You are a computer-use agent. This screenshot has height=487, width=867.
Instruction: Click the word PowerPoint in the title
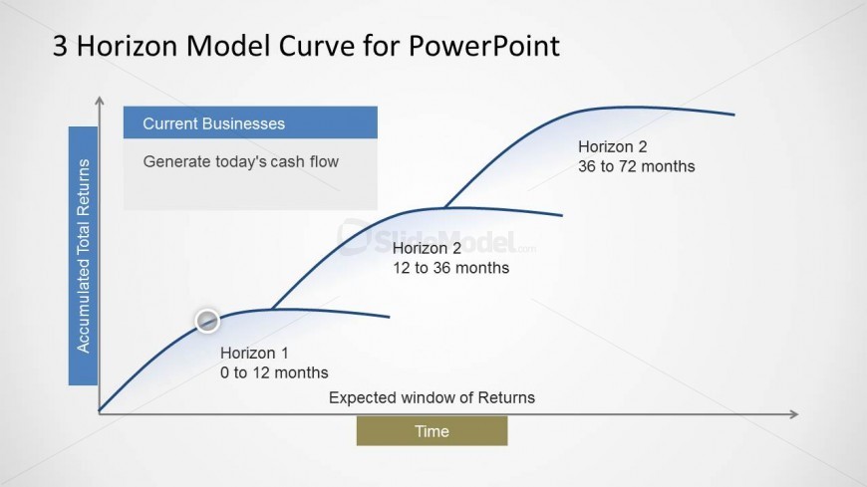coord(483,46)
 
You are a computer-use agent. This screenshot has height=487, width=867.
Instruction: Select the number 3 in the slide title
coord(60,46)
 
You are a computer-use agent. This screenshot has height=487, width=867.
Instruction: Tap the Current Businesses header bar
coord(250,122)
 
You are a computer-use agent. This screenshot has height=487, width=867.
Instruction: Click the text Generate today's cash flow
coord(240,161)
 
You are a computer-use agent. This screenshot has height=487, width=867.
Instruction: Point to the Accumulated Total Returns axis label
coord(83,256)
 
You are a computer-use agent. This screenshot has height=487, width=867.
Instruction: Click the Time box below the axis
coord(432,431)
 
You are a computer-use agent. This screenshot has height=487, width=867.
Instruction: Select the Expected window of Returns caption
coord(432,397)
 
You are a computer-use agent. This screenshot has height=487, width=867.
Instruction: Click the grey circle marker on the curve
coord(207,321)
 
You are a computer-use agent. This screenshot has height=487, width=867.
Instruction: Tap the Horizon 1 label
coord(254,353)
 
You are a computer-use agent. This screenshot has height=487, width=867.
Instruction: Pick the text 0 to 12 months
coord(274,372)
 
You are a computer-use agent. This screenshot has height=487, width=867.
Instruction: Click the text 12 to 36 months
coord(450,268)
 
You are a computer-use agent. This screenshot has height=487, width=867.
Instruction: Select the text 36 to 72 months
coord(637,166)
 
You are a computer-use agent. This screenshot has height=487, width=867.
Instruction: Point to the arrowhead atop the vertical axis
coord(100,100)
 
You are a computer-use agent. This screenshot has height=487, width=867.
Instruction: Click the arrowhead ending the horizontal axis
coord(794,414)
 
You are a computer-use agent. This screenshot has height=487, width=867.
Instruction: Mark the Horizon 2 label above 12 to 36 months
coord(427,248)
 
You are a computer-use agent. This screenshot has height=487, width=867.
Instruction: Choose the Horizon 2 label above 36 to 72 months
coord(613,146)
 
